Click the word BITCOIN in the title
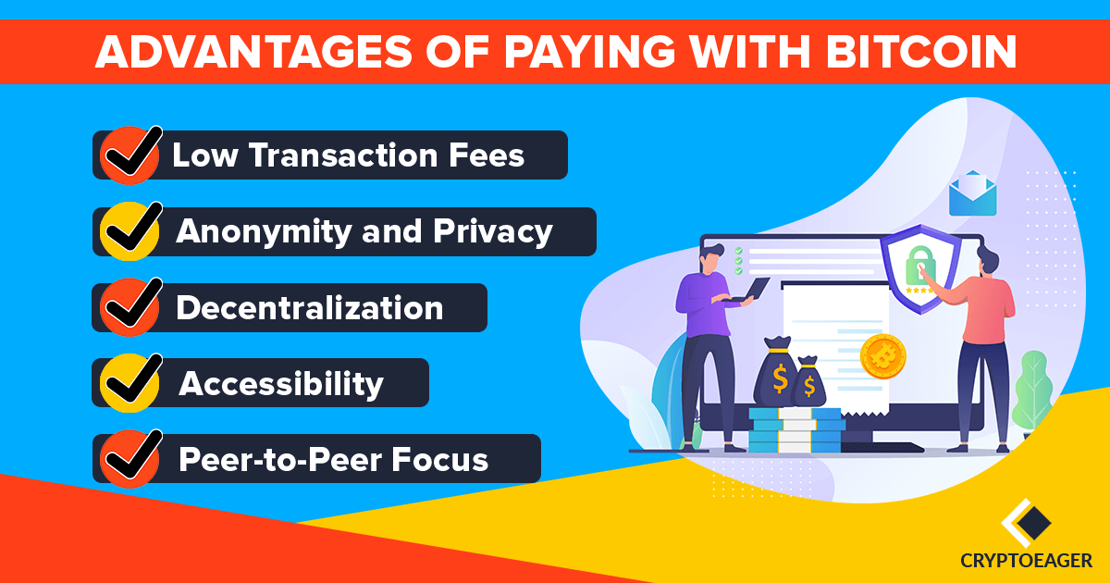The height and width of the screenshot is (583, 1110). tap(921, 52)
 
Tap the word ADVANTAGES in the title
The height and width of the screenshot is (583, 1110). tap(253, 52)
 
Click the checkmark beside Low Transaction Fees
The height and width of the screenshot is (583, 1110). tap(130, 155)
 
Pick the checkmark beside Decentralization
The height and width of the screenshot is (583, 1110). tap(130, 307)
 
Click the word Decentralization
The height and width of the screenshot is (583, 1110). tap(310, 308)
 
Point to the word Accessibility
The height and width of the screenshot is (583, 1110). tap(281, 384)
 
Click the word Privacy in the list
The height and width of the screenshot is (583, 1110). tap(493, 232)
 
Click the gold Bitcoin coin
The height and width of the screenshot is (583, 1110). tap(883, 356)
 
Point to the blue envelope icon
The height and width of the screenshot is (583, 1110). tap(973, 193)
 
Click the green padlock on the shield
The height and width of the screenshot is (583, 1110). tap(920, 266)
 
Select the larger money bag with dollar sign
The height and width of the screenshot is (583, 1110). tap(776, 371)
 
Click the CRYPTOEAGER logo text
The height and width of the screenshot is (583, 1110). tap(1026, 561)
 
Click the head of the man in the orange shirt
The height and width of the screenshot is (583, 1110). tap(990, 259)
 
